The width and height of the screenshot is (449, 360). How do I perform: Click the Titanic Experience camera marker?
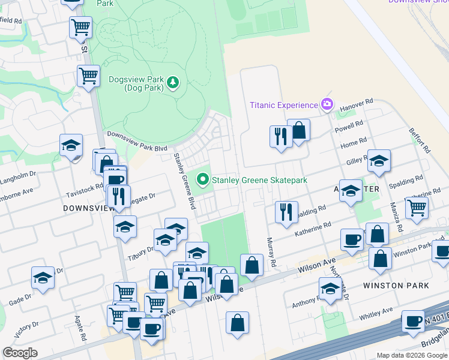pos(327,104)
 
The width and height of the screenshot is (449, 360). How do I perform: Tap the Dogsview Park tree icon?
pos(173,82)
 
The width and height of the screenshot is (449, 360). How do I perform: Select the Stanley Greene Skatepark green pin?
pos(203,179)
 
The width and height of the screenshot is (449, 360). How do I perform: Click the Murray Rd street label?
pos(271,252)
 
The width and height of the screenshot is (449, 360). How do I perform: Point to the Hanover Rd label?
pos(357,106)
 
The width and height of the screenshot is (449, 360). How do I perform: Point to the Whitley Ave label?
pos(376,313)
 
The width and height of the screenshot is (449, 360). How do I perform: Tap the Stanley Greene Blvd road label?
pos(185,181)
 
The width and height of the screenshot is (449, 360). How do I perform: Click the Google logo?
pos(20,353)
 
